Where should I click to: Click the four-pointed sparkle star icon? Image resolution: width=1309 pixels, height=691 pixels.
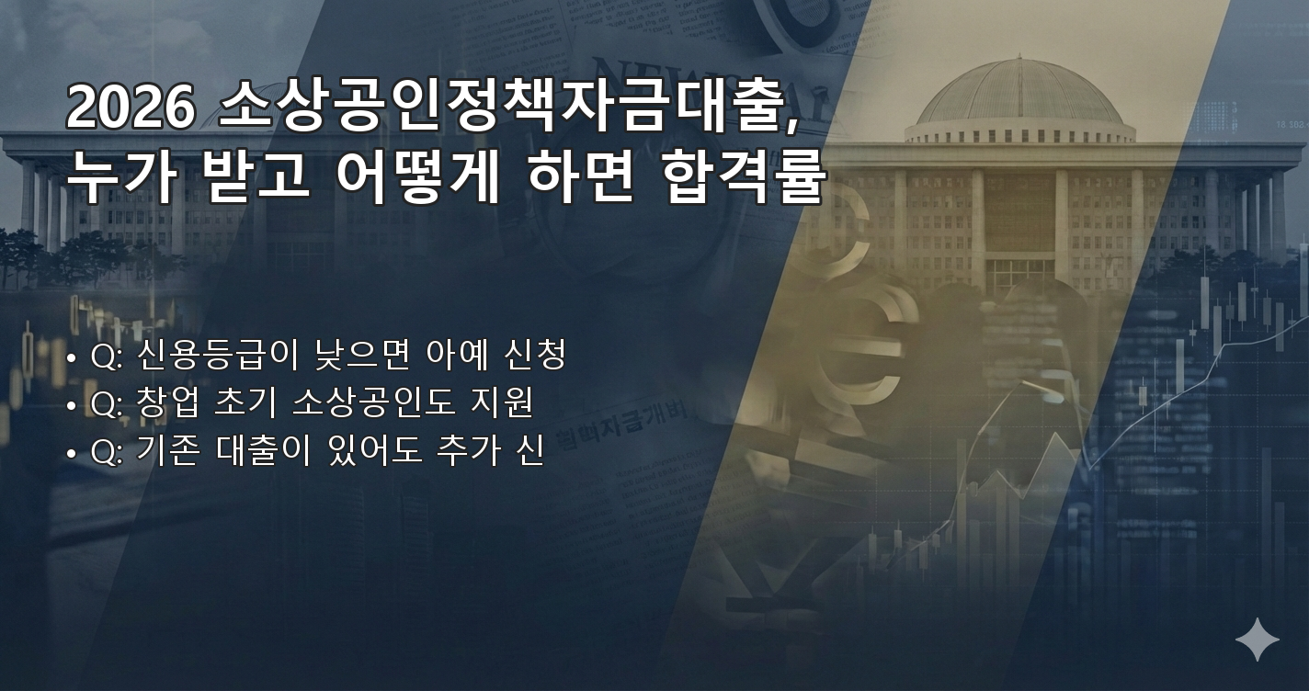[1257, 640]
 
